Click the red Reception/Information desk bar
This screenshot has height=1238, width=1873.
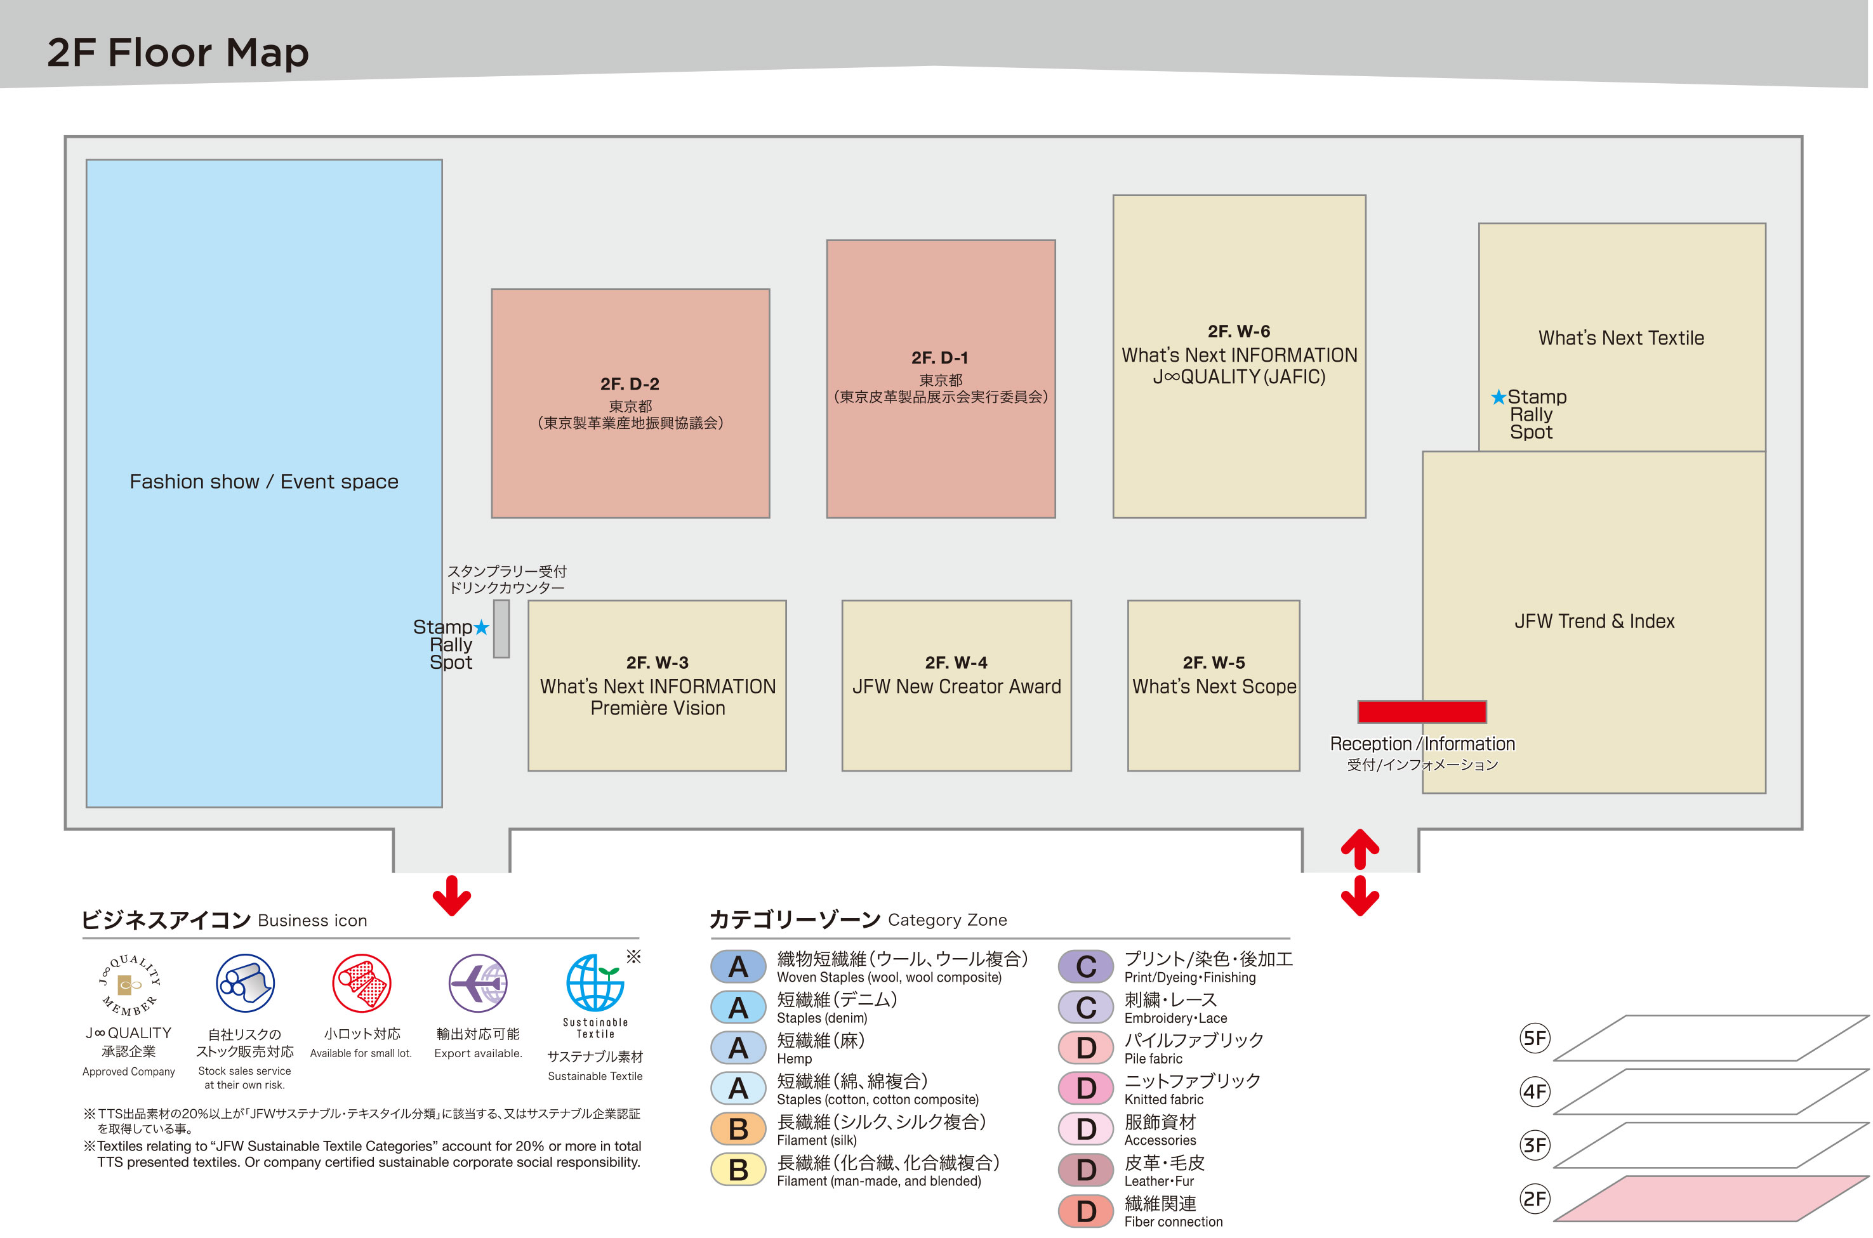[1421, 711]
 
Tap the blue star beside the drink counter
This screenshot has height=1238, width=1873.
[481, 627]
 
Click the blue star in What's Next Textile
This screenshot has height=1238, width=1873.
[1498, 397]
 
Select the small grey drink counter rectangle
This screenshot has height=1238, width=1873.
[501, 628]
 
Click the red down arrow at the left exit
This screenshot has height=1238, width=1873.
[452, 895]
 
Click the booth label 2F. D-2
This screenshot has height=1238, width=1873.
[630, 384]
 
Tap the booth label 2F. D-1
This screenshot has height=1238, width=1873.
[939, 358]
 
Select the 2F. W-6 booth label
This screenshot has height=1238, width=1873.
[1239, 331]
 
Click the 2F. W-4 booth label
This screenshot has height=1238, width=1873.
[956, 662]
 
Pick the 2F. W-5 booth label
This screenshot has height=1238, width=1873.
[1214, 662]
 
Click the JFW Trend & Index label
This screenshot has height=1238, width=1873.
[1594, 621]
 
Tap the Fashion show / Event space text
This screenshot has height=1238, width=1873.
[264, 482]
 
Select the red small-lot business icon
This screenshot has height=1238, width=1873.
[362, 983]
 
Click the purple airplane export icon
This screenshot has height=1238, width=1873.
[478, 983]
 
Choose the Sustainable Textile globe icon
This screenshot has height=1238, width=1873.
[595, 982]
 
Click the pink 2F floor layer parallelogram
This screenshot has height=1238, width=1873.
[1711, 1199]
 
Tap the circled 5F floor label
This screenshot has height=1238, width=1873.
[1534, 1037]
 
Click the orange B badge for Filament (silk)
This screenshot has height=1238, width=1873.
[738, 1129]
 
